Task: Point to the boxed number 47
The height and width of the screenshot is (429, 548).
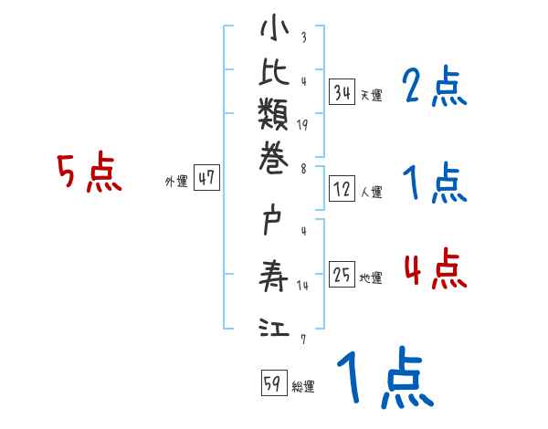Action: [x=205, y=179]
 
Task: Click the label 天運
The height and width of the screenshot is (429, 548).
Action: [x=371, y=95]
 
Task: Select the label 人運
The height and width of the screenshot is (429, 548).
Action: [x=371, y=193]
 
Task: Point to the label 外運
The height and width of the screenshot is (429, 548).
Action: [x=176, y=182]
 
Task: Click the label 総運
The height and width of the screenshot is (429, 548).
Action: [x=303, y=386]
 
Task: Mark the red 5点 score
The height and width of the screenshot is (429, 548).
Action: [x=90, y=173]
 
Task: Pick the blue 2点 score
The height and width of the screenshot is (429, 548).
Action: [x=435, y=88]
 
